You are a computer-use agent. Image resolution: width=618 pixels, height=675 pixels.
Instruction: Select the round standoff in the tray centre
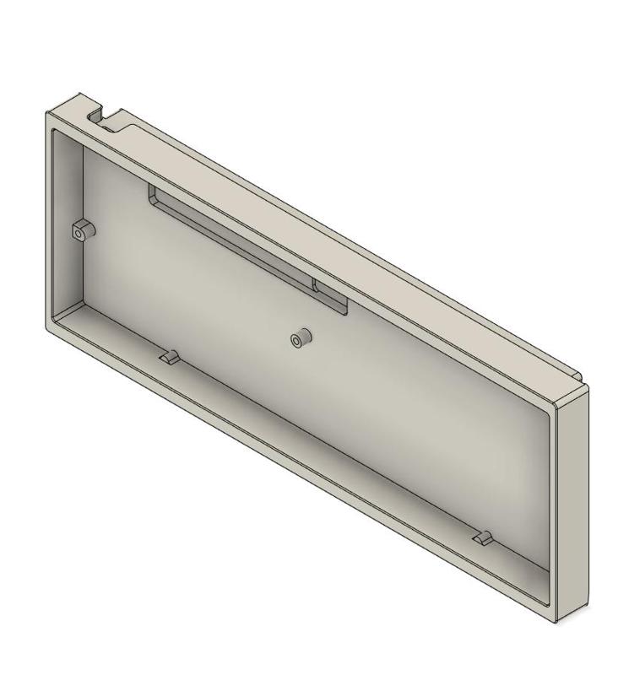[300, 338]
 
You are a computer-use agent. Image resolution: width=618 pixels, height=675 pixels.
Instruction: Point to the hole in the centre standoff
[295, 340]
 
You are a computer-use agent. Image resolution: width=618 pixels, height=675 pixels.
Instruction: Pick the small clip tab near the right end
[483, 537]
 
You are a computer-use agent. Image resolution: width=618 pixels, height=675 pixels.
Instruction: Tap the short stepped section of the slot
[329, 295]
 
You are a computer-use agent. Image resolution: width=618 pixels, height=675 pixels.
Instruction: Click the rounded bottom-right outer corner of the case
[557, 621]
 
